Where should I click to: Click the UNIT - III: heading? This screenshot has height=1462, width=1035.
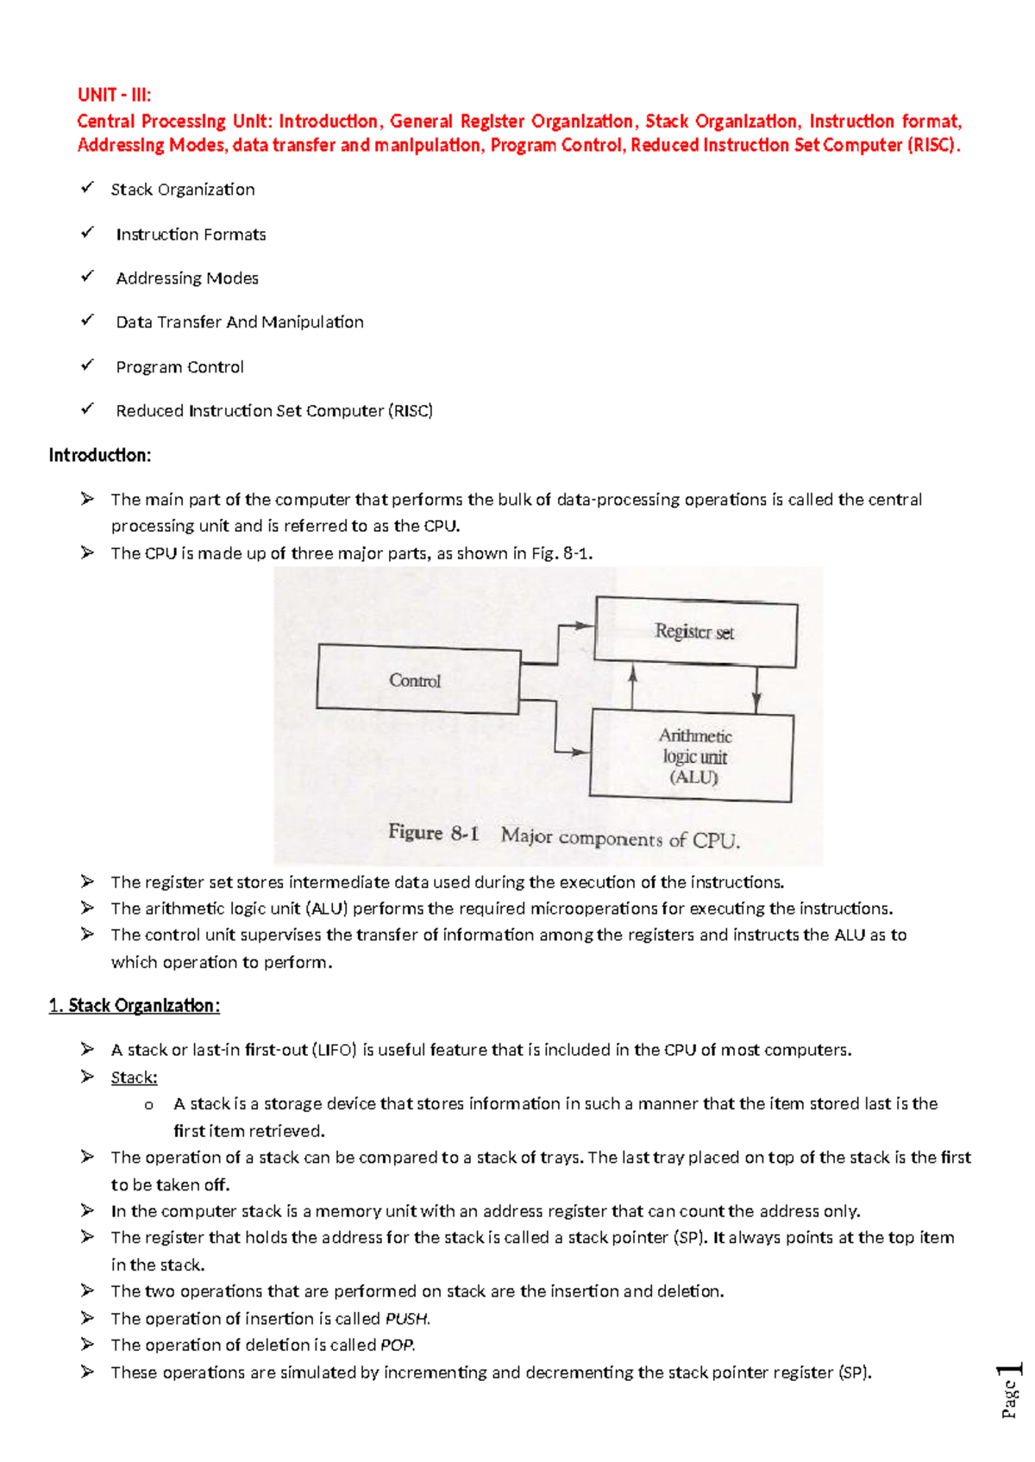coord(114,95)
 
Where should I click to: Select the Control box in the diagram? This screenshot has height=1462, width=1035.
coord(417,680)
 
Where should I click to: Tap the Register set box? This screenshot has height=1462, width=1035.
coord(695,632)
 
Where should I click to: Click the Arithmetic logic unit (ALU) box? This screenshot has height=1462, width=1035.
coord(692,756)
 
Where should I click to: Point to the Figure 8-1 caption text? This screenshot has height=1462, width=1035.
coord(564,835)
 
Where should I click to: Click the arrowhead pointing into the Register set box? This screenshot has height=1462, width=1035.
coord(586,626)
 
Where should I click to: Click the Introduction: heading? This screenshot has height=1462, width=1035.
coord(100,455)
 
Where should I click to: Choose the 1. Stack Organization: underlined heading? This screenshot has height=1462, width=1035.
coord(135,1006)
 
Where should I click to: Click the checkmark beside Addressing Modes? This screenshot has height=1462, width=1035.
coord(87,277)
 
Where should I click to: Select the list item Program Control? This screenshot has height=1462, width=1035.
coord(179,367)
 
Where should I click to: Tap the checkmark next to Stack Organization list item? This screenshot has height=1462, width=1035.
coord(87,187)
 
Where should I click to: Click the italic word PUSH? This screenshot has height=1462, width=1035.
coord(406,1319)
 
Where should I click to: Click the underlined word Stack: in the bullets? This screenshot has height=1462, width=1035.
coord(134,1078)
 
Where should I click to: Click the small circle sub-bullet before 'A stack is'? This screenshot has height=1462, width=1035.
coord(149,1105)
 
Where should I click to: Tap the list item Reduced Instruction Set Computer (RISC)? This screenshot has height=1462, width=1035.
coord(274,411)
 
